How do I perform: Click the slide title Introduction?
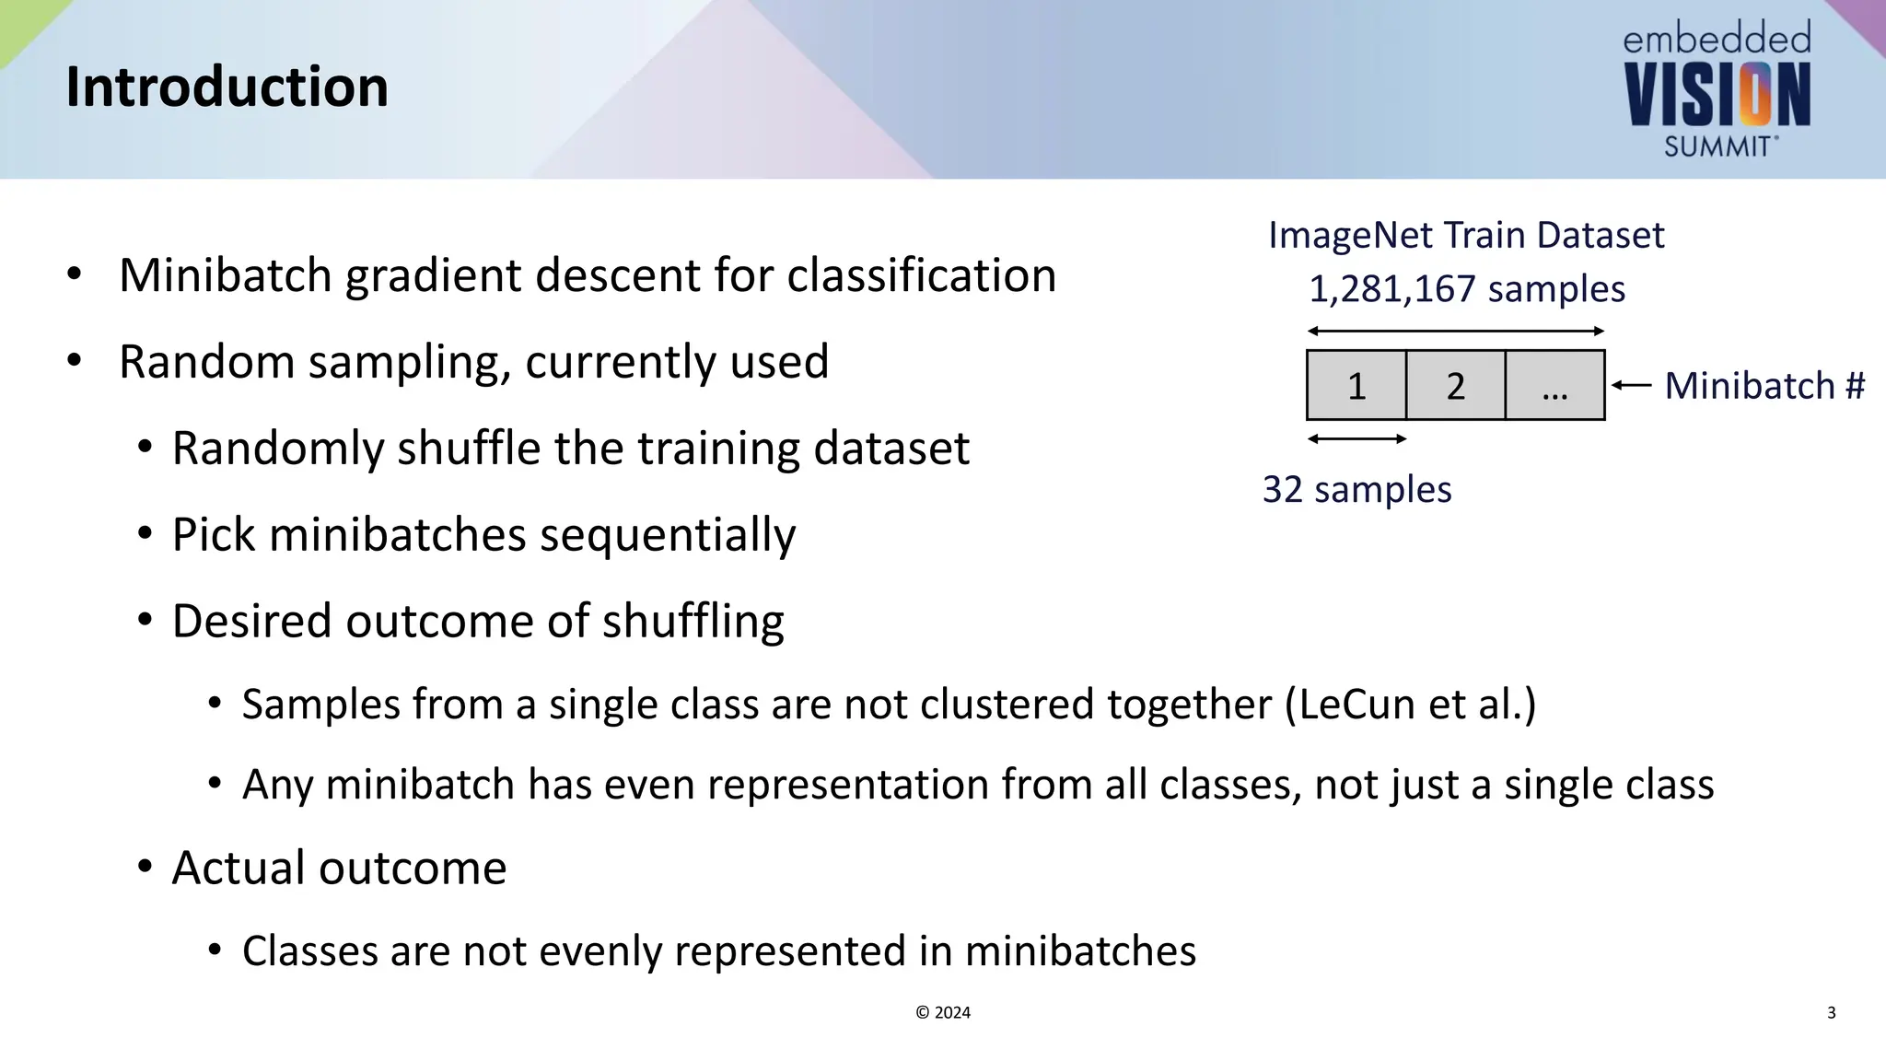(x=227, y=87)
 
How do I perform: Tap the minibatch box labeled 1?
(x=1356, y=385)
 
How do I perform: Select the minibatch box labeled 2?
(x=1455, y=385)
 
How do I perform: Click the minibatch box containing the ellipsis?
(x=1554, y=385)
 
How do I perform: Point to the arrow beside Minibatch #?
(x=1632, y=385)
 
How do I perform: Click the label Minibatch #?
(x=1764, y=385)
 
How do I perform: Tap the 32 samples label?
(x=1356, y=489)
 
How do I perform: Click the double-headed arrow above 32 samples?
(x=1356, y=439)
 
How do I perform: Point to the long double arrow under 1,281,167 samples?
(x=1455, y=332)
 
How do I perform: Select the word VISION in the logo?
(x=1717, y=96)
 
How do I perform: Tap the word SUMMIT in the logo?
(x=1717, y=146)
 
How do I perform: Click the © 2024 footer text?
(x=943, y=1012)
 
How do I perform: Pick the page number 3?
(x=1831, y=1012)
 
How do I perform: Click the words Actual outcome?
(x=339, y=868)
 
